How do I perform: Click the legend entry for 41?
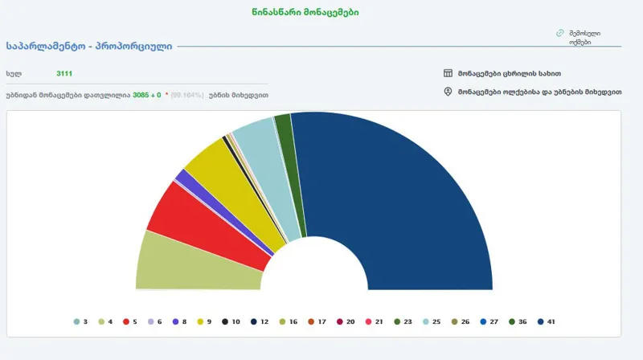pyautogui.click(x=547, y=321)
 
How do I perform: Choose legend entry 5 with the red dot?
pyautogui.click(x=130, y=321)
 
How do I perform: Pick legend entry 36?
pyautogui.click(x=518, y=321)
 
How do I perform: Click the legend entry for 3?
pyautogui.click(x=80, y=321)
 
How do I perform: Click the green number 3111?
pyautogui.click(x=63, y=73)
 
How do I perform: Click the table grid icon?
pyautogui.click(x=448, y=73)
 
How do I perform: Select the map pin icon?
pyautogui.click(x=448, y=92)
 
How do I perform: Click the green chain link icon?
pyautogui.click(x=559, y=33)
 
